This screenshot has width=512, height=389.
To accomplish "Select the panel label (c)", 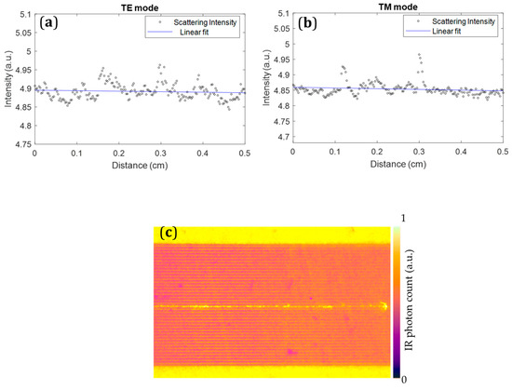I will [169, 233].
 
